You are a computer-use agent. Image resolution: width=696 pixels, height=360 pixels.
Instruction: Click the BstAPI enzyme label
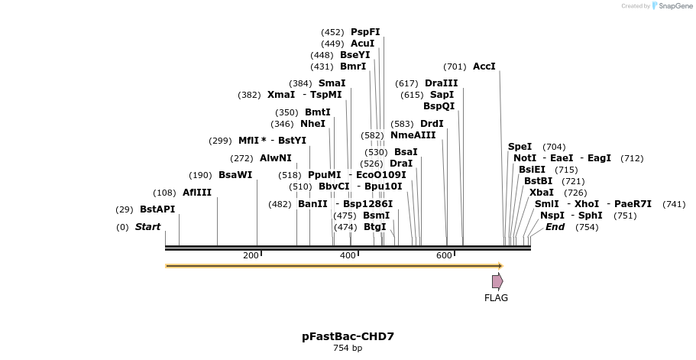pos(157,209)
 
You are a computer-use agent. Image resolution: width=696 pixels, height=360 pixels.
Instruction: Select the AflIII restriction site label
pos(196,193)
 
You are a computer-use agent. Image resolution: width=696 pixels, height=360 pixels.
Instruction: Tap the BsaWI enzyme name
pos(235,175)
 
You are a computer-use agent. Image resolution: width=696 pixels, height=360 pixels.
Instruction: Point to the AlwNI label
pos(276,158)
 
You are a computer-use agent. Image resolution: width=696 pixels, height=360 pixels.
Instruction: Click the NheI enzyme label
pos(312,124)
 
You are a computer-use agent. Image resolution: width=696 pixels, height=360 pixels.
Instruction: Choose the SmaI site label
pos(332,83)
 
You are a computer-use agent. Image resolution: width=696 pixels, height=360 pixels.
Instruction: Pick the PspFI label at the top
pos(365,32)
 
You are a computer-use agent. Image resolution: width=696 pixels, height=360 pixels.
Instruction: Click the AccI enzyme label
pos(484,66)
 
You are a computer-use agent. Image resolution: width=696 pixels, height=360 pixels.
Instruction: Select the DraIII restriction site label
pos(442,83)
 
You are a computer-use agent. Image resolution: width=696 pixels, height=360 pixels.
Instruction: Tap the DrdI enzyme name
pos(432,124)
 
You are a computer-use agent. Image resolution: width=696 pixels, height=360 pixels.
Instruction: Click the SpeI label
pos(520,147)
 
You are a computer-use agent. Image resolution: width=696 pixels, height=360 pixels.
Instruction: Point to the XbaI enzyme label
pos(542,193)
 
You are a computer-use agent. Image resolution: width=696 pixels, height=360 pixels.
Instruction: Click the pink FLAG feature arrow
pos(497,281)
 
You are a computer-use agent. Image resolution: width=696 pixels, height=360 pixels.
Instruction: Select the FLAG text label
pos(496,298)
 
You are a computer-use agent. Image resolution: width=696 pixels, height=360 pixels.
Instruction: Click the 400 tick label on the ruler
pos(348,255)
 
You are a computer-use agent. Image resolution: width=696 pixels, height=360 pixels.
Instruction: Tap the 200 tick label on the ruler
pos(251,255)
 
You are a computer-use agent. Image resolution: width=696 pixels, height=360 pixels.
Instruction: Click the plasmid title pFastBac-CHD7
pos(348,336)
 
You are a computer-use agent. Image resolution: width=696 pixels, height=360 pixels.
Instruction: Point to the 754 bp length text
pos(348,349)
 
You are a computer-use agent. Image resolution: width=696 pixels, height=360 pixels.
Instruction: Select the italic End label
pos(555,227)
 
